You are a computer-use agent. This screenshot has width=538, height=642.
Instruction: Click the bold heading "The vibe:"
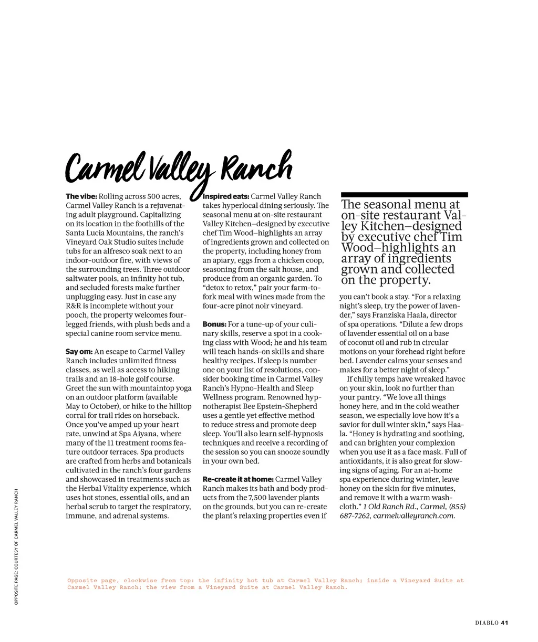(x=81, y=196)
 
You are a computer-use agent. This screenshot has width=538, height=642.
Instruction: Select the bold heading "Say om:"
(x=79, y=352)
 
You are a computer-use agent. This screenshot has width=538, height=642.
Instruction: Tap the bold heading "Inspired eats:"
(x=226, y=196)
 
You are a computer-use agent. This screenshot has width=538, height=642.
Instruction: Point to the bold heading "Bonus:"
(x=214, y=324)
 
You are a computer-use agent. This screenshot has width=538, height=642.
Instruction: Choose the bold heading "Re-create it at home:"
(x=238, y=479)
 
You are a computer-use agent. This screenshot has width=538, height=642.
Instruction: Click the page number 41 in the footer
(x=505, y=623)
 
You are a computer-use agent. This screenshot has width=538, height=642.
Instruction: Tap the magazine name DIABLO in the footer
(x=487, y=623)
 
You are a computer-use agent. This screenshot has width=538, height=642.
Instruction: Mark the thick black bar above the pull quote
(x=404, y=195)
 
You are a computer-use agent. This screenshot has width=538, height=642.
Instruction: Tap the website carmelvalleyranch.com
(x=414, y=516)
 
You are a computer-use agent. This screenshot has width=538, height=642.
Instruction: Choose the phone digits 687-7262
(x=355, y=516)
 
